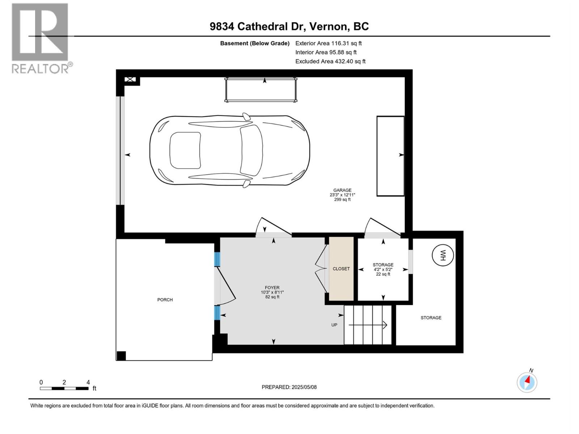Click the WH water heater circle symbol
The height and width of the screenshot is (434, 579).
coord(443,255)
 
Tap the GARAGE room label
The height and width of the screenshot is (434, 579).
coord(342,190)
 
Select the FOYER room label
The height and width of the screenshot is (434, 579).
coord(272,288)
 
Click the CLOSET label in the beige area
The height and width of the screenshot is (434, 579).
coord(341,269)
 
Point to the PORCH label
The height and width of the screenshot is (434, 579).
coord(165,300)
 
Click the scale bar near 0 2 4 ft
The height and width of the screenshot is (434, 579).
coord(64,388)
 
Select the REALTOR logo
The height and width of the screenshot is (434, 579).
coord(41,38)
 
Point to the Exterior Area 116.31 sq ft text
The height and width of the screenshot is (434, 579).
coord(328,43)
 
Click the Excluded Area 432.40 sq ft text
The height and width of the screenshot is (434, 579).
coord(330,61)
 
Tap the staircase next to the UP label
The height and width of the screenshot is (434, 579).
coord(368,325)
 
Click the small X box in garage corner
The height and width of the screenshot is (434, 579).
coord(130,80)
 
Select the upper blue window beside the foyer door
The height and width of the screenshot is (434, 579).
coord(217,259)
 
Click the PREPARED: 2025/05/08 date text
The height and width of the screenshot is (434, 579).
coord(289,387)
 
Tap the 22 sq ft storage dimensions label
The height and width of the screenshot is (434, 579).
coord(383,274)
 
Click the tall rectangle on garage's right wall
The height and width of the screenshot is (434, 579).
coord(390,156)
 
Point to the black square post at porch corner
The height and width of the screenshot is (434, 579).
coord(121,356)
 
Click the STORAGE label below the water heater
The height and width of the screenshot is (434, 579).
coord(431,318)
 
